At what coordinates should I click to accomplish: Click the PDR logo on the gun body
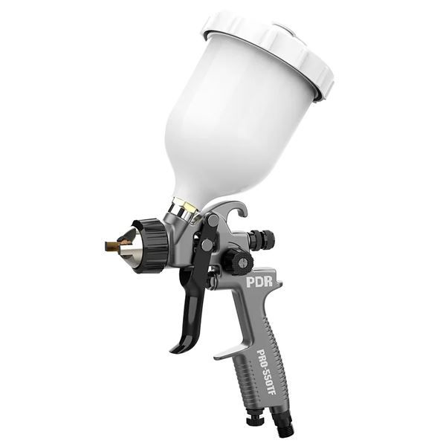[259, 281]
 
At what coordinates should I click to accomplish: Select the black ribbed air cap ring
[152, 246]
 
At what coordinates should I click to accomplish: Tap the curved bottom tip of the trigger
[176, 349]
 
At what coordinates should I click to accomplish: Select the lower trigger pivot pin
[207, 244]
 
